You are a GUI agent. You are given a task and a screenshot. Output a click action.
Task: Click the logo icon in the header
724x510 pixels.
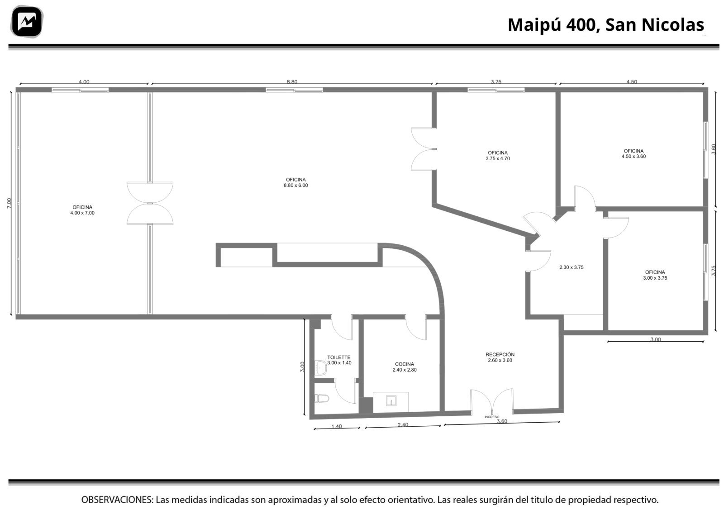pos(27,22)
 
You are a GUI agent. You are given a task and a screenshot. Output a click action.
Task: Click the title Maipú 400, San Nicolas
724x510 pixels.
pos(606,24)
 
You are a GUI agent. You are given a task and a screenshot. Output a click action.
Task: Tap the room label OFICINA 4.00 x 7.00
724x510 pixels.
pos(82,210)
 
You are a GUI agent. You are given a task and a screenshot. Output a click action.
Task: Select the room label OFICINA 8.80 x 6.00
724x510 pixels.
pos(296,183)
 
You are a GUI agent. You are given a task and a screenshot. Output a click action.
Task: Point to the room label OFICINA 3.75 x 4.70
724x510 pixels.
pos(498,156)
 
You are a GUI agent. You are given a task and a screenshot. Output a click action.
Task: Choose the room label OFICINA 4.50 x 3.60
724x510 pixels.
pos(633,153)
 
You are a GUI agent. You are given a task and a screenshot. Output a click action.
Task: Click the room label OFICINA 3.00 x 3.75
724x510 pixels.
pos(655,275)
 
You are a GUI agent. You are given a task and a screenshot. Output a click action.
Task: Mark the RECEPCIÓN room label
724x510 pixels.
pos(500,357)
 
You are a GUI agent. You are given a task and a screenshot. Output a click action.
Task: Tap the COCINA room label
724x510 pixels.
pos(405,367)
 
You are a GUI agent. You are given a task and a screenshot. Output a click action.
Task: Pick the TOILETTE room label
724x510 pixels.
pos(339,360)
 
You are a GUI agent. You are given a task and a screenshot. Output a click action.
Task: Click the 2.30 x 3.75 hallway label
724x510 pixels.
pos(572,267)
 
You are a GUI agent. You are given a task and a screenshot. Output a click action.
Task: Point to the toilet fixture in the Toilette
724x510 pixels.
pos(322,399)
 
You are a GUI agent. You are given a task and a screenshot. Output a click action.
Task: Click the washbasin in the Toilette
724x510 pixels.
pos(321,368)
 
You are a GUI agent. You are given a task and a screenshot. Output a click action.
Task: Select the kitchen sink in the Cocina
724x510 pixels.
pos(391,401)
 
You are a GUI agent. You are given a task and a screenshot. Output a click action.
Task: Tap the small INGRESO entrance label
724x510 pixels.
pos(491,417)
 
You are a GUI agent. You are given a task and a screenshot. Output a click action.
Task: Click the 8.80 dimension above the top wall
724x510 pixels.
pos(292,82)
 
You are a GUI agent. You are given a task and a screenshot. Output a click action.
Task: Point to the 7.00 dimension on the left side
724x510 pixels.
pos(9,203)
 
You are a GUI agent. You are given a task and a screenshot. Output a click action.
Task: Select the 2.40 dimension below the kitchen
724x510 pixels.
pos(403,424)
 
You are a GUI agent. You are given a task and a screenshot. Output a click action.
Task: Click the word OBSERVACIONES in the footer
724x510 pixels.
pos(117,500)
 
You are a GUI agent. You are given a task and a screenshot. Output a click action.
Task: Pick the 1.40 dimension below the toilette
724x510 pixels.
pos(337,426)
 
